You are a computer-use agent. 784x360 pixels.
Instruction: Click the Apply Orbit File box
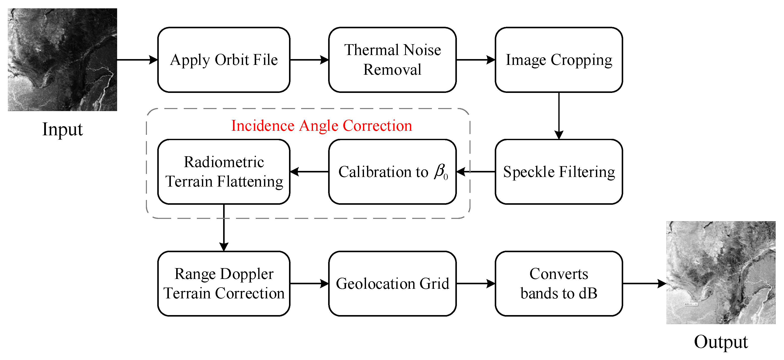coord(224,60)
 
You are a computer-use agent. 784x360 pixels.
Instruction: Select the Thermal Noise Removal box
coord(392,60)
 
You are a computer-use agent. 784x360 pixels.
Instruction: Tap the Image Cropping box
coord(559,60)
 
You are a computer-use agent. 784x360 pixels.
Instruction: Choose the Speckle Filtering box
coord(559,172)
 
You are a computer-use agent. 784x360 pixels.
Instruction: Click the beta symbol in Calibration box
coord(440,172)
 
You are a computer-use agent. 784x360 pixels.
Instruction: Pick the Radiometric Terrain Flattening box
coord(224,172)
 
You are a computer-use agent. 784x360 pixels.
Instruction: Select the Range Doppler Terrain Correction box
coord(224,283)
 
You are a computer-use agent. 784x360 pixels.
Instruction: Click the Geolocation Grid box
coord(392,283)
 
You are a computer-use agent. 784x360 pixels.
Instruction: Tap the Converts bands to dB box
coord(559,283)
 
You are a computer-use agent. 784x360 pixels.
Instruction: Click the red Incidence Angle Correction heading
coord(321,125)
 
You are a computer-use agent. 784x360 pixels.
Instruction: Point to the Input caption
coord(62,129)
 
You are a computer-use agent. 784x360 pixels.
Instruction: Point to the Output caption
coord(720,342)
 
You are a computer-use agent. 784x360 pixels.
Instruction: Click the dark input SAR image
coord(62,60)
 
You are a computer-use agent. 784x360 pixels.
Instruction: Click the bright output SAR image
coord(720,272)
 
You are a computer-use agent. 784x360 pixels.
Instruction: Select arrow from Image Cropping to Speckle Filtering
coord(559,116)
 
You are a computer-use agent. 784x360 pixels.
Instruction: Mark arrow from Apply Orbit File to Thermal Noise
coord(309,60)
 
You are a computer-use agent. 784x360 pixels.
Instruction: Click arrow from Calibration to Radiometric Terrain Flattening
coord(309,172)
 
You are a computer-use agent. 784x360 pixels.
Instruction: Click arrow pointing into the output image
coord(644,283)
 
